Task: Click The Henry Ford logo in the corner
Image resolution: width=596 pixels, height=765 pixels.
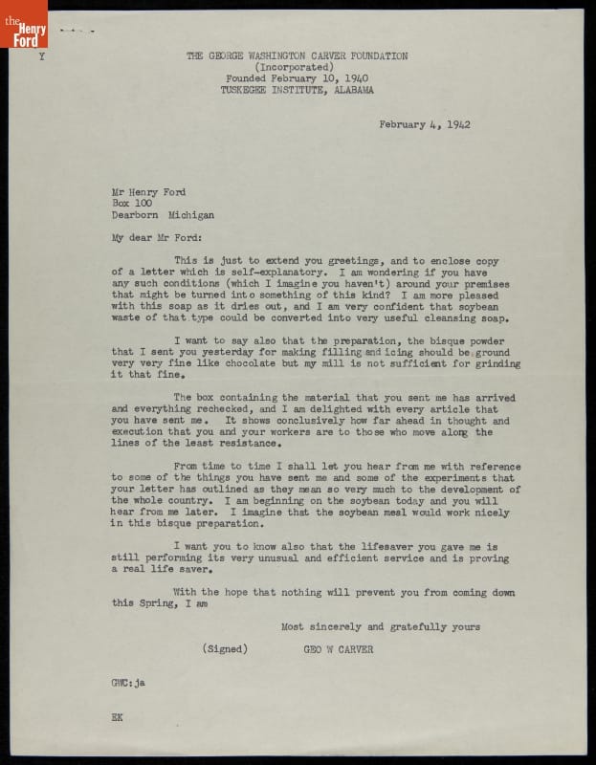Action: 23,24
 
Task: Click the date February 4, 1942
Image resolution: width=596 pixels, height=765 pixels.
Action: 425,124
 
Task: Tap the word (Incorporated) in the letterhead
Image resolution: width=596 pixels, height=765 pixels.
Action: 297,68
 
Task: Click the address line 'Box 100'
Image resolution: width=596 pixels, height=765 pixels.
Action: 129,204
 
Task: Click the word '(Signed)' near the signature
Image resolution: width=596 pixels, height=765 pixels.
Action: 226,648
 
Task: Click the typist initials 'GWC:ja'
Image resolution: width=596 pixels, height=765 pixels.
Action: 127,683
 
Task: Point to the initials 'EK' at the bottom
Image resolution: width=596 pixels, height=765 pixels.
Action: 117,716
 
